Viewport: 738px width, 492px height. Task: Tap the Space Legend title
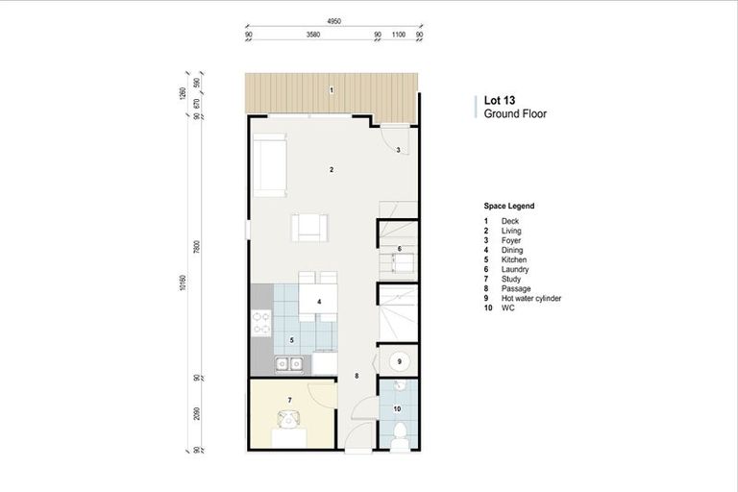(x=509, y=207)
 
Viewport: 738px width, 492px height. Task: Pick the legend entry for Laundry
(x=514, y=270)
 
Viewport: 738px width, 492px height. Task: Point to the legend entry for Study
(x=511, y=280)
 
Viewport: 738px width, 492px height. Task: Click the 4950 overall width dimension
(x=334, y=21)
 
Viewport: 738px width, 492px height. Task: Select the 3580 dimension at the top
(x=312, y=36)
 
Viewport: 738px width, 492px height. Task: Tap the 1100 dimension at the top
(x=398, y=36)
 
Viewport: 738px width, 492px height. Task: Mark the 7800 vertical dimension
(x=196, y=246)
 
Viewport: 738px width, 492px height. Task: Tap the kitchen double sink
(x=290, y=364)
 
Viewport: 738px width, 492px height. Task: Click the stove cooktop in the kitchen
(x=259, y=323)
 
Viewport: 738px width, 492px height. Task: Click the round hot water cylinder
(x=400, y=361)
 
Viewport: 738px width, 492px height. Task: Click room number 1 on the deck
(x=332, y=90)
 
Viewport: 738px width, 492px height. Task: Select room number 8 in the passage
(x=357, y=376)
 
